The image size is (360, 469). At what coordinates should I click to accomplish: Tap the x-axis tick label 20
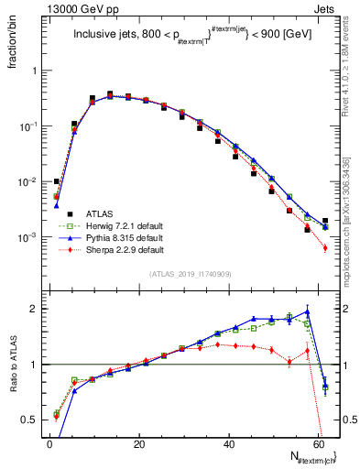pyautogui.click(x=138, y=443)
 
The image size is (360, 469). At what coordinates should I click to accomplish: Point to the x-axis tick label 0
pyautogui.click(x=49, y=443)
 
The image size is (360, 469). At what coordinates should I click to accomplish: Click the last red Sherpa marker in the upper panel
pyautogui.click(x=325, y=247)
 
